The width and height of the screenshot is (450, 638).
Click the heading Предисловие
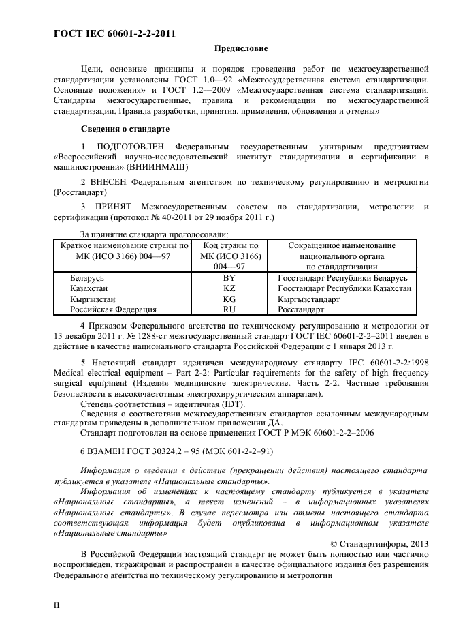point(241,48)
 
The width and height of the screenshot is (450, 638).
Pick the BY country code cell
point(229,279)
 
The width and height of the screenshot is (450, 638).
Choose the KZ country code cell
point(229,289)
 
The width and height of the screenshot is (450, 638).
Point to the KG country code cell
point(229,299)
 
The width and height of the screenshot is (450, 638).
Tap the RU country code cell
point(229,309)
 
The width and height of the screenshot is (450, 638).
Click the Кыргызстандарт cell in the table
point(309,299)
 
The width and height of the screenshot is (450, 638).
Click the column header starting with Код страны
point(229,256)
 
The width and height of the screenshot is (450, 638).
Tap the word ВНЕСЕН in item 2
point(108,183)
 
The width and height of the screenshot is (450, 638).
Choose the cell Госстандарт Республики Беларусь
point(342,279)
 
